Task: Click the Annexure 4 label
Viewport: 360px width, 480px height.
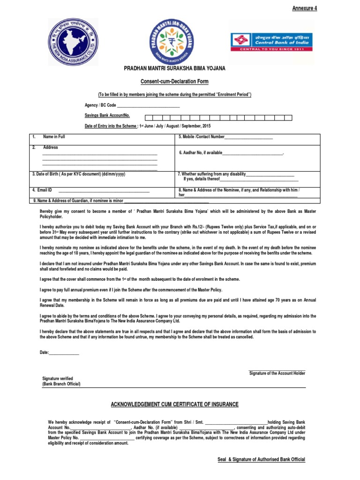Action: pyautogui.click(x=305, y=8)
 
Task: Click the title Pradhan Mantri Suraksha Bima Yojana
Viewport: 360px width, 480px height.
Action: pyautogui.click(x=174, y=68)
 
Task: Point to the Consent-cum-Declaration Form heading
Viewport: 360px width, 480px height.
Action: pyautogui.click(x=174, y=82)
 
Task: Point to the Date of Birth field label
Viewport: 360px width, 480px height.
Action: pyautogui.click(x=78, y=174)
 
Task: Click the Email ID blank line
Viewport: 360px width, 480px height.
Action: pyautogui.click(x=103, y=190)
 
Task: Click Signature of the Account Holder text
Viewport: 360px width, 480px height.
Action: pyautogui.click(x=277, y=373)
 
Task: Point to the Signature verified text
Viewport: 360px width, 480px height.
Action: pyautogui.click(x=58, y=378)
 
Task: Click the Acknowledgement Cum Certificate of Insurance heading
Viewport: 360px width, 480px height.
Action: pyautogui.click(x=174, y=404)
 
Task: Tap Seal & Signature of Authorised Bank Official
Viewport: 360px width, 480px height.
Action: pyautogui.click(x=261, y=459)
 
